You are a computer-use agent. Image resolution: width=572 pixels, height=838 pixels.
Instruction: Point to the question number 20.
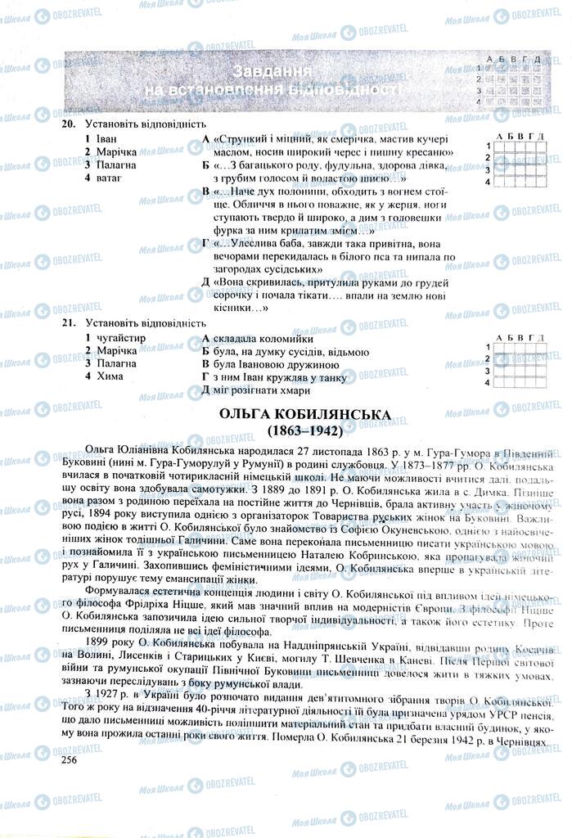click(x=68, y=124)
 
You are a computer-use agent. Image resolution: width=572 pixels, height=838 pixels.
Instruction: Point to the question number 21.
click(x=68, y=323)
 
